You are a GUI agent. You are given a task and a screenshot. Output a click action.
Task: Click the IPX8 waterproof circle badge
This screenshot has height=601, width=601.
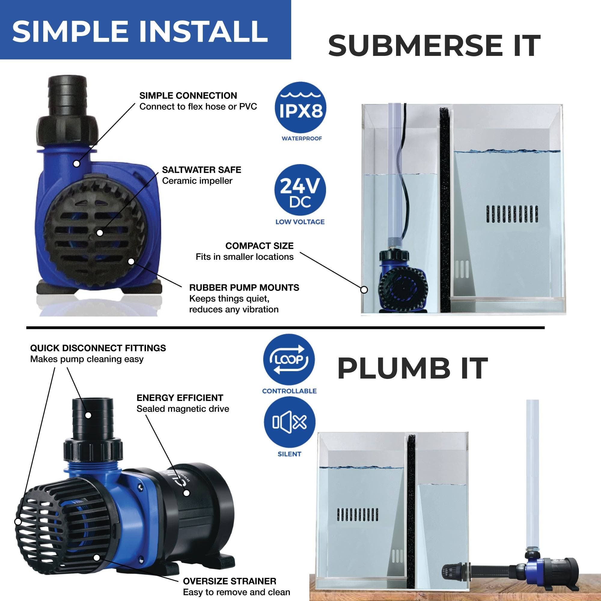(x=300, y=107)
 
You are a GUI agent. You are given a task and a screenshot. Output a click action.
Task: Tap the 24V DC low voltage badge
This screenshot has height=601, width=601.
(x=300, y=190)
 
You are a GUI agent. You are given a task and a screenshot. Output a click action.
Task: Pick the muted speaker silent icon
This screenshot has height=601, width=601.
(x=290, y=422)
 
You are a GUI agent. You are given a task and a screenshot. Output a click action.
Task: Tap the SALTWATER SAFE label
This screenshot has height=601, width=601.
(x=202, y=170)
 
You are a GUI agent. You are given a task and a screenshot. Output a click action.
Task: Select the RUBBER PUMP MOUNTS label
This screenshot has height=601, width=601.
(x=244, y=288)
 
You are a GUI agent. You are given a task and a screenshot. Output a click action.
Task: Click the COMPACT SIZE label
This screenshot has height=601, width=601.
(x=259, y=246)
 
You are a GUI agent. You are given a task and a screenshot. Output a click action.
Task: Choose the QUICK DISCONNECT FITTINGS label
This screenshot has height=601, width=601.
(x=98, y=348)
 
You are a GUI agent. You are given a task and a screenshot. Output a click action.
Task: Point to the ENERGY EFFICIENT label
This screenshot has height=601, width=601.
(x=180, y=398)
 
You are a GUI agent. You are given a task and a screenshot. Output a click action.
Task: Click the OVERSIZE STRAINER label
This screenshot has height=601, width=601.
(x=230, y=581)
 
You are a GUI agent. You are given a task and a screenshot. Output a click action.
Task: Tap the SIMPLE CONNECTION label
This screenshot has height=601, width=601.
(x=188, y=96)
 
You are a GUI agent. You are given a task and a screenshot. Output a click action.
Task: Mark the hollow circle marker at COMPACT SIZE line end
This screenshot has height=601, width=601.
(x=364, y=290)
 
